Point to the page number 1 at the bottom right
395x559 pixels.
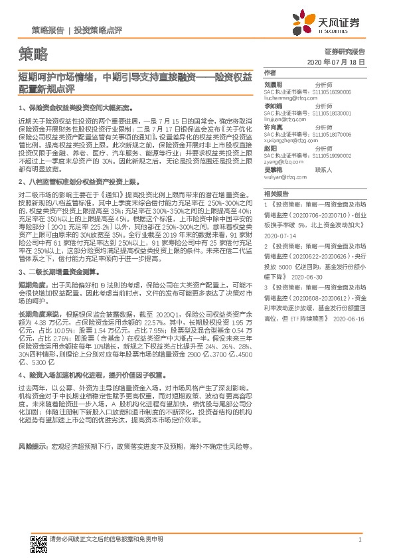[x=359, y=540]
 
